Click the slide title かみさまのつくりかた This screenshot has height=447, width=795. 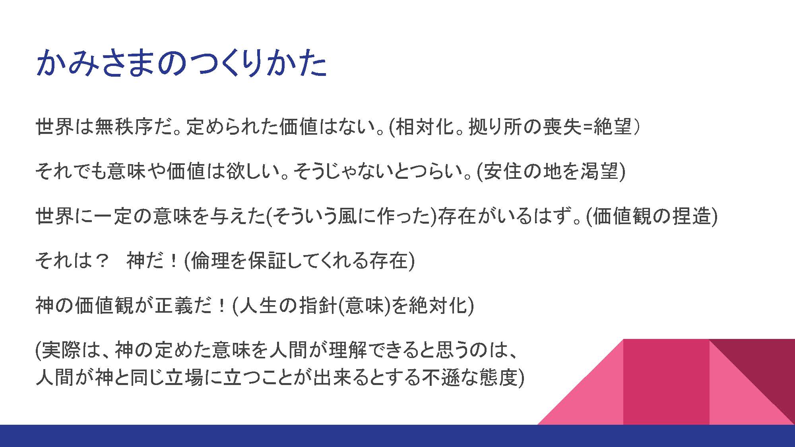click(x=181, y=63)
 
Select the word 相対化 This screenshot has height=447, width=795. click(x=425, y=127)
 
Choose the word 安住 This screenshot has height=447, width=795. click(x=502, y=171)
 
